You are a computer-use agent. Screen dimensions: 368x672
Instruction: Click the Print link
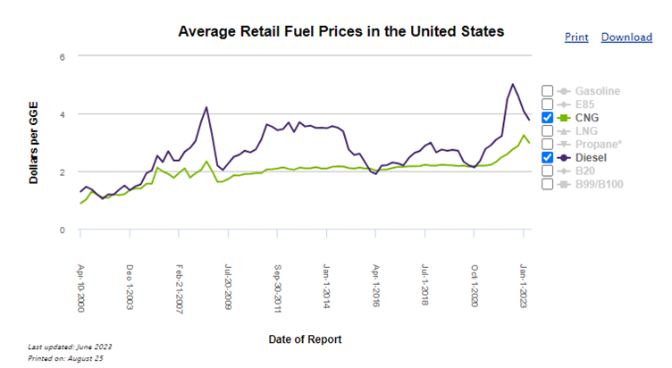577,38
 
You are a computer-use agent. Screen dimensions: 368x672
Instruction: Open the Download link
626,38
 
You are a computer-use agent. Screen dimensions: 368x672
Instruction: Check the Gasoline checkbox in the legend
547,91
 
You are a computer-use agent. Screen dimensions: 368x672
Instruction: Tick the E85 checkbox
547,105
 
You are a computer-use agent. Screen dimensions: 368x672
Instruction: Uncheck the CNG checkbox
547,118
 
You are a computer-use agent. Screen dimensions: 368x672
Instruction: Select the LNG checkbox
547,131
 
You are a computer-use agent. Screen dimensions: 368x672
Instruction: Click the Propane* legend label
598,144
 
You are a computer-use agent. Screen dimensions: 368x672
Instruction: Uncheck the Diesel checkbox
547,157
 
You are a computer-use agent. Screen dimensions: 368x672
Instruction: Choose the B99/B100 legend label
600,184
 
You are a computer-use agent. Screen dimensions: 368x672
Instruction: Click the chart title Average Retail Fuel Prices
341,31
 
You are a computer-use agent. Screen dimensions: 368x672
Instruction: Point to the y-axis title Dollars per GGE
34,143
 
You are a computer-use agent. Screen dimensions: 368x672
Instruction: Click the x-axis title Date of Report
305,339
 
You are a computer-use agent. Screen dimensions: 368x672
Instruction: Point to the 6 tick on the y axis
63,57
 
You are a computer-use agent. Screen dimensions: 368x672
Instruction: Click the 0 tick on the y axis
63,230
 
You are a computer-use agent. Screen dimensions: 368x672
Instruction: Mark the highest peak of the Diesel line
513,85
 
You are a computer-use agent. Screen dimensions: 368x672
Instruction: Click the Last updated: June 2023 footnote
70,347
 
